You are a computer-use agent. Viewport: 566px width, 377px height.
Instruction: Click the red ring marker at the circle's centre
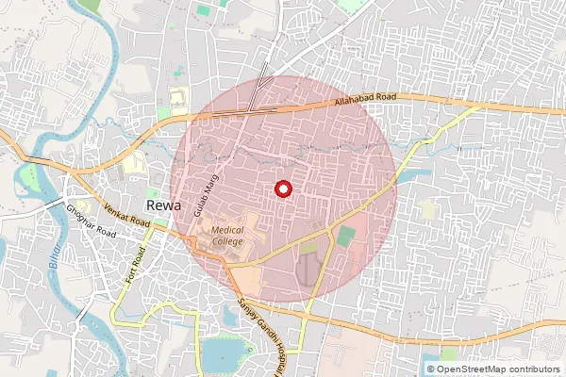tap(281, 188)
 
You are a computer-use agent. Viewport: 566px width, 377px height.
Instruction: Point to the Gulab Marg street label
tap(199, 201)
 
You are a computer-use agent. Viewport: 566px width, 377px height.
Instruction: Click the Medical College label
tap(227, 236)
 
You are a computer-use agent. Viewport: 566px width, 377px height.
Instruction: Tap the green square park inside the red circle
tap(347, 237)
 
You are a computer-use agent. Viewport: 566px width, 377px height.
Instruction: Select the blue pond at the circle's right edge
tap(405, 175)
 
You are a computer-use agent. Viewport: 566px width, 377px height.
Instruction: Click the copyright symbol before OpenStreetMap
tap(431, 369)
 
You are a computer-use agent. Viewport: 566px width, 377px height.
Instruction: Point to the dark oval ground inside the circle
tap(308, 270)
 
